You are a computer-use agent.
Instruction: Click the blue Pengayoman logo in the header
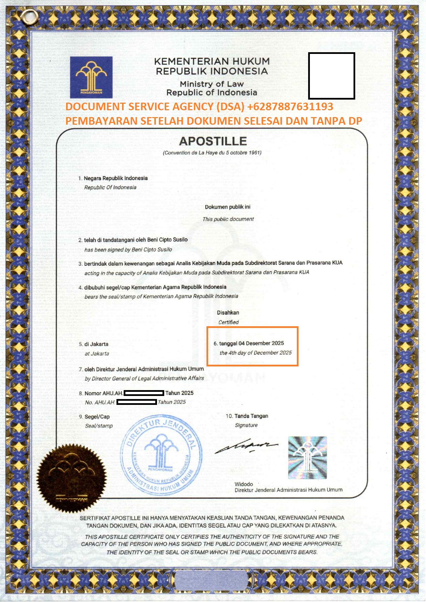(x=91, y=77)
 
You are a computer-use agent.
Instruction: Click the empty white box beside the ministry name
(x=331, y=76)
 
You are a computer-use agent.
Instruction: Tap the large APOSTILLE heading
(x=213, y=141)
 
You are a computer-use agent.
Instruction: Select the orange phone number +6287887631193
(x=290, y=106)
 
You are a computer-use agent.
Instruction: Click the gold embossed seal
(x=71, y=477)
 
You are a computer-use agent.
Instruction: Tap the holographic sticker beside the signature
(x=307, y=458)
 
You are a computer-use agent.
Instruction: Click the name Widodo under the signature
(x=244, y=484)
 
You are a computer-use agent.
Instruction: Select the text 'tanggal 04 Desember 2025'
(x=251, y=343)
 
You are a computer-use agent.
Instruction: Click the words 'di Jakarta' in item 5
(x=96, y=344)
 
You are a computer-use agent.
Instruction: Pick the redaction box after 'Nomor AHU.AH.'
(x=144, y=393)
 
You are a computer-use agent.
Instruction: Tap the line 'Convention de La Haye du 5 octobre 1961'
(x=212, y=153)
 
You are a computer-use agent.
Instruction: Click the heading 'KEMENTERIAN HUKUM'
(x=212, y=61)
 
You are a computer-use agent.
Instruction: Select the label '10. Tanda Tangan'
(x=247, y=416)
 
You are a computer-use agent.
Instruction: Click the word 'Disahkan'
(x=228, y=313)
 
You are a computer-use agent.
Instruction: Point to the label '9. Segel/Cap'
(x=94, y=417)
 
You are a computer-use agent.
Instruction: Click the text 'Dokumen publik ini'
(x=227, y=207)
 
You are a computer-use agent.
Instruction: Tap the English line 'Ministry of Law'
(x=212, y=84)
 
